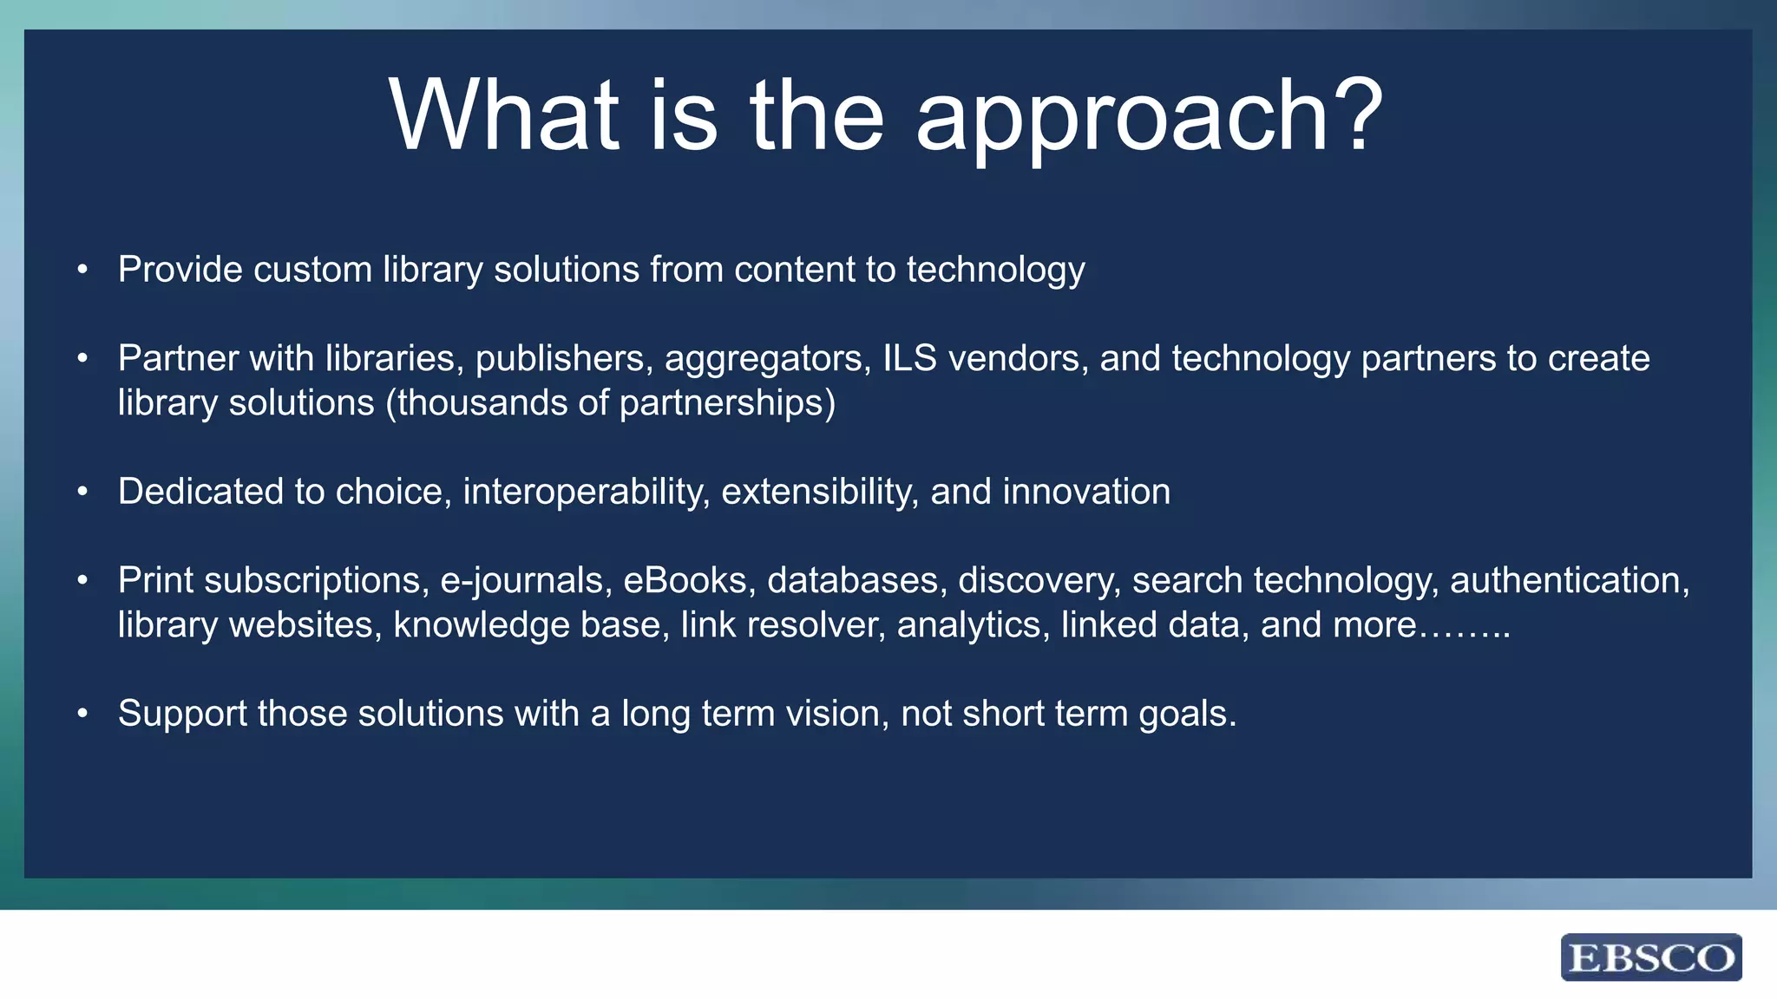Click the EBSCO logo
tap(1650, 957)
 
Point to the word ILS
tap(909, 358)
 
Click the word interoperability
tap(587, 493)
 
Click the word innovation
tap(1086, 492)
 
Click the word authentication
tap(1569, 580)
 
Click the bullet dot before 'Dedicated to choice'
tap(82, 492)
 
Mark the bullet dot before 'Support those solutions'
tap(82, 714)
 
